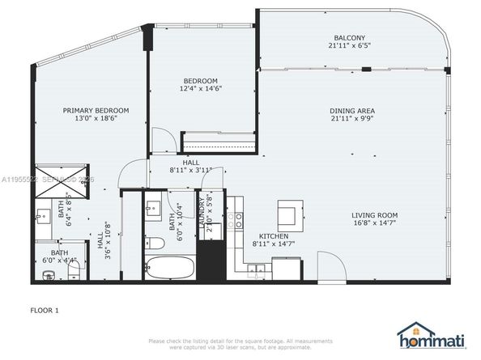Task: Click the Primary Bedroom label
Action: point(96,110)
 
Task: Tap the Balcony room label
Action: point(350,38)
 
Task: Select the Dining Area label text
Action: point(351,110)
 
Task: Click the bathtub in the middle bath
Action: point(170,266)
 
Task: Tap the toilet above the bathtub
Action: point(152,240)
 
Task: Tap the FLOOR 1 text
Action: point(45,309)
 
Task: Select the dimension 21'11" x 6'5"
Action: point(350,46)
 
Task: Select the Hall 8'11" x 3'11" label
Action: point(191,167)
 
